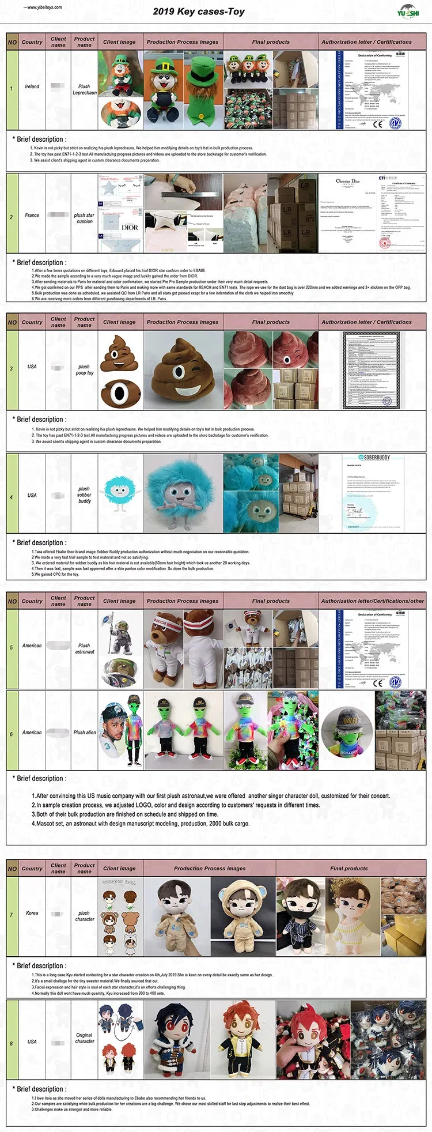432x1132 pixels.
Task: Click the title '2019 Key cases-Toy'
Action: pos(199,12)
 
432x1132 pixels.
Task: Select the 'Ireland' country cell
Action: pos(32,86)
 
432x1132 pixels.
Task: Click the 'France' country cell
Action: pos(32,216)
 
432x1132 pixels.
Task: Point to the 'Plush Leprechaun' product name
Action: pos(85,89)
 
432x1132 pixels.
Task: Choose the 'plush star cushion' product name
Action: pos(85,218)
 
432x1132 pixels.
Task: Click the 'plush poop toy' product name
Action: pos(85,369)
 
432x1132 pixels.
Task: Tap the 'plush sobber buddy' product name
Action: pos(85,495)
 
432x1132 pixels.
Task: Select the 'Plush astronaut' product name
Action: pos(85,648)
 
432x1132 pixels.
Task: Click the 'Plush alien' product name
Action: pos(85,733)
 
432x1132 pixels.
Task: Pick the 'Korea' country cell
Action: pos(32,913)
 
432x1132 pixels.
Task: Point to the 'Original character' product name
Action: pos(85,1038)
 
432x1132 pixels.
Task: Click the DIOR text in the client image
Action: pos(130,228)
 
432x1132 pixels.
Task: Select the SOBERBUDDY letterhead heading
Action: pos(377,458)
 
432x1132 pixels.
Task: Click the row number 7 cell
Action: pos(11,915)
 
